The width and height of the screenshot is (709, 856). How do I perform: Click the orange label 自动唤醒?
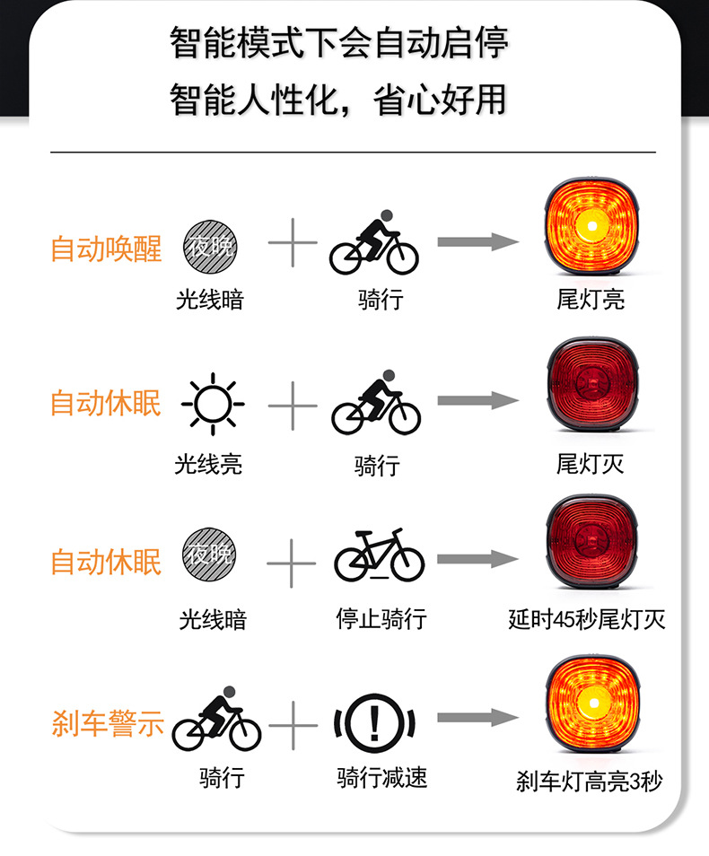[x=106, y=249]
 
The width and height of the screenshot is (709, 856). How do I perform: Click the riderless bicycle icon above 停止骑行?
[x=379, y=558]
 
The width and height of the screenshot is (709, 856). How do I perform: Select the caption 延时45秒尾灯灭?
[x=587, y=619]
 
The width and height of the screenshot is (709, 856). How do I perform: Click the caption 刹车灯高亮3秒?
[x=589, y=781]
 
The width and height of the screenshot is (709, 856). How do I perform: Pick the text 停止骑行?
[x=381, y=618]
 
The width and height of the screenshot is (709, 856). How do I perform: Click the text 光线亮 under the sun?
[x=208, y=464]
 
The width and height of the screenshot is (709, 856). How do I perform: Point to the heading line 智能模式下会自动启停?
[x=339, y=43]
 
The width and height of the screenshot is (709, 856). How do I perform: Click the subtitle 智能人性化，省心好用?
[x=339, y=99]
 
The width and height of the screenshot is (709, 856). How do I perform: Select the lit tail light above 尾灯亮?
[x=591, y=228]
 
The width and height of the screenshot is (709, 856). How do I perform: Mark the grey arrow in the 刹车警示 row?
[x=478, y=719]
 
